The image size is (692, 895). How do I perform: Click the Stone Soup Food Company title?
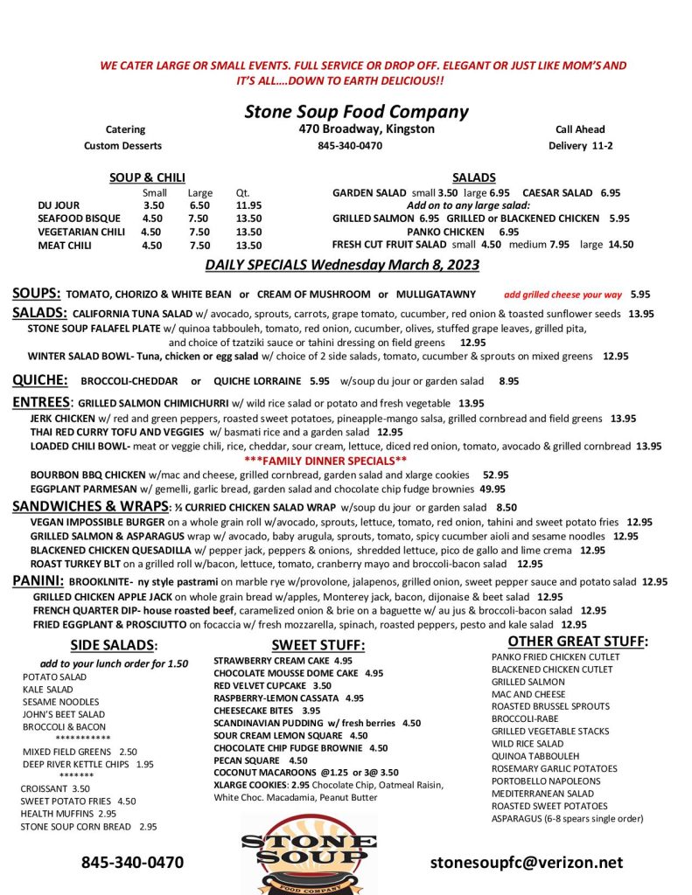click(356, 112)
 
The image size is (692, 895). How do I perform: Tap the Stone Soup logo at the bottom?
click(309, 852)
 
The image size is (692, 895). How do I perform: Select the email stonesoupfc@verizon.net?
click(527, 863)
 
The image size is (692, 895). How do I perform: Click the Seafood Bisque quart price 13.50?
click(248, 219)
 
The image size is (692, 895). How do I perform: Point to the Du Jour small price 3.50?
click(153, 205)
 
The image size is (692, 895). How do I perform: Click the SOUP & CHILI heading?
click(147, 177)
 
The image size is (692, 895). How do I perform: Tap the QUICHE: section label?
click(40, 380)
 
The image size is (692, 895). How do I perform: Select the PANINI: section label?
click(37, 581)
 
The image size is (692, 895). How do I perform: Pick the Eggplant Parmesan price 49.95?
click(493, 489)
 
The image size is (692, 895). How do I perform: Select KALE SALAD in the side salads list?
click(48, 690)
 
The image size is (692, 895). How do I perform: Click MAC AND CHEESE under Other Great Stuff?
click(528, 694)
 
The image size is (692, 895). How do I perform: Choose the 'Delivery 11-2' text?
click(580, 146)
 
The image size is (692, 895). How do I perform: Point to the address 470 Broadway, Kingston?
click(367, 129)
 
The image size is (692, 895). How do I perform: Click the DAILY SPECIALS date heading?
click(354, 265)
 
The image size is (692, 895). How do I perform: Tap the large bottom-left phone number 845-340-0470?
click(132, 863)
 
